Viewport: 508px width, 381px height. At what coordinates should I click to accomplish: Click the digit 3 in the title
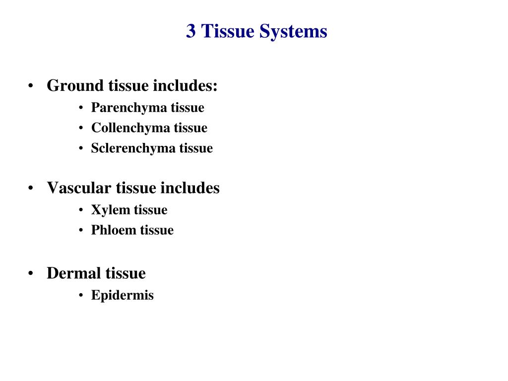point(191,32)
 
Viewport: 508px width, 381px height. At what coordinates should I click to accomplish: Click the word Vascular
point(79,188)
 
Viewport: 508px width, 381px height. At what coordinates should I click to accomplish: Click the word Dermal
point(74,273)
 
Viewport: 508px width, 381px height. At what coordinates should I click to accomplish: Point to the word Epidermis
point(122,296)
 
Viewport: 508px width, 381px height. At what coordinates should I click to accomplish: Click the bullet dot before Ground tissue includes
point(31,86)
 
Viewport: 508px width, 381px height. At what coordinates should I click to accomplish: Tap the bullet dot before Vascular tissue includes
point(31,189)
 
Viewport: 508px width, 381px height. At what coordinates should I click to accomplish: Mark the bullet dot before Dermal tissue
point(31,274)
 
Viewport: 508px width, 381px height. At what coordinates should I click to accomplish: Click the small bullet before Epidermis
point(81,296)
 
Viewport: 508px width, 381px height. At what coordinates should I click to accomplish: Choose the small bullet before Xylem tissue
point(81,210)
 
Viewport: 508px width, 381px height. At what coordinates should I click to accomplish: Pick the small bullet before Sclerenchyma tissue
point(81,149)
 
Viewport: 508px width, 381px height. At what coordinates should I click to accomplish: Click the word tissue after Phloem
point(157,230)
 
